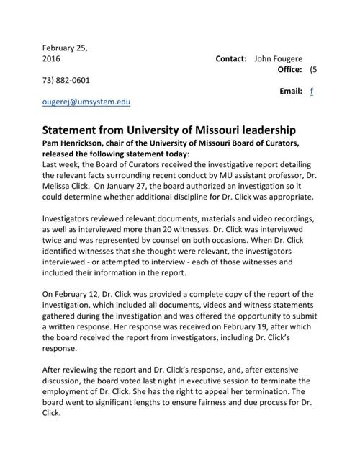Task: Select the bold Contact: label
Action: click(231, 58)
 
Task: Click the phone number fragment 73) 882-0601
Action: click(67, 80)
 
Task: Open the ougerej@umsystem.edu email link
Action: click(87, 102)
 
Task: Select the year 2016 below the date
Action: click(53, 58)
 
